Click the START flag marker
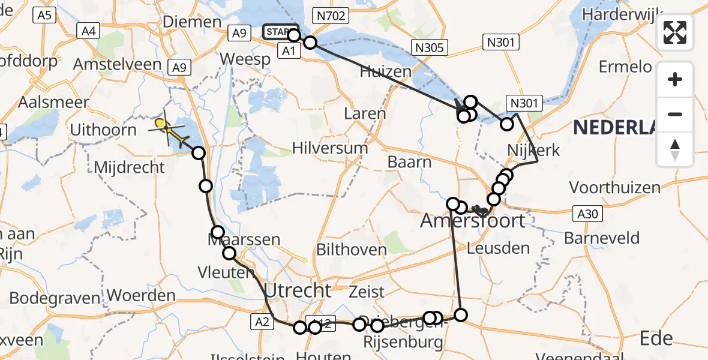tap(280, 32)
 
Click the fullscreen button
tap(675, 32)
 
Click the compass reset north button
tap(675, 150)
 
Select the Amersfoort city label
tap(472, 220)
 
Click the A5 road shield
tap(44, 16)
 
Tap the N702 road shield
tap(331, 16)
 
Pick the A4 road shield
tap(89, 31)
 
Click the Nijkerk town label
tap(533, 149)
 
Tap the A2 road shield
tap(262, 322)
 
